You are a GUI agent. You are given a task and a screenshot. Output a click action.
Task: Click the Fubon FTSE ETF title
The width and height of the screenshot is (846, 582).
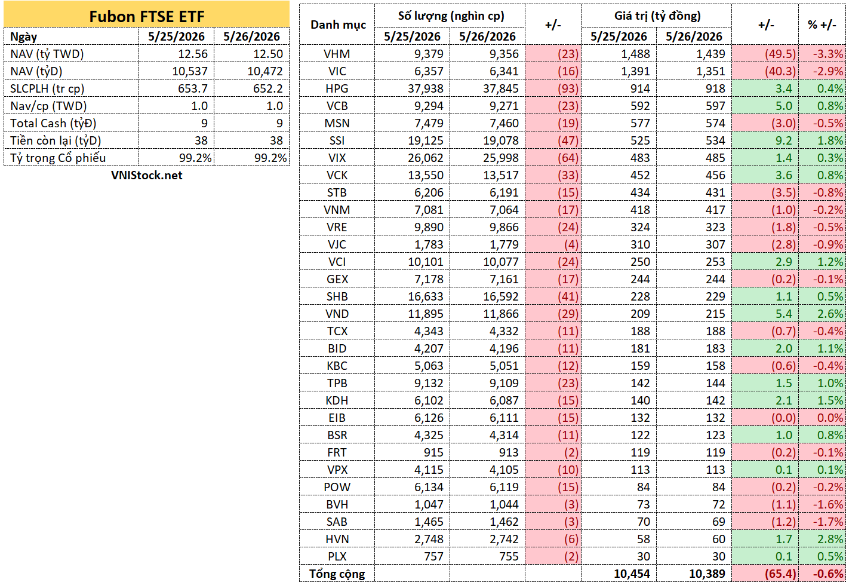146,17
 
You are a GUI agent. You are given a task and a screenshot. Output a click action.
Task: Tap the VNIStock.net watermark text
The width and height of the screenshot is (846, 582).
146,175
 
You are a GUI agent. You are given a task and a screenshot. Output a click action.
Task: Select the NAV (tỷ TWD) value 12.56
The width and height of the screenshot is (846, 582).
193,54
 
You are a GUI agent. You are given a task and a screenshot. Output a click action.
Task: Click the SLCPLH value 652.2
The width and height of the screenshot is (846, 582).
268,89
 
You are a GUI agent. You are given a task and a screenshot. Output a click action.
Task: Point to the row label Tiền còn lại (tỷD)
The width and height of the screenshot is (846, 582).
56,140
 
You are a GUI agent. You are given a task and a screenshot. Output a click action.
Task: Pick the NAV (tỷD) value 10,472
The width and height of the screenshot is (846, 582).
264,72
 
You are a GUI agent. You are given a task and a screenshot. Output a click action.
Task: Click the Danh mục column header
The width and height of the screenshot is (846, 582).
338,25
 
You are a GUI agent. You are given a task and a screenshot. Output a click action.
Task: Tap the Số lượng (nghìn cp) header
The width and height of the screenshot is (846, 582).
451,16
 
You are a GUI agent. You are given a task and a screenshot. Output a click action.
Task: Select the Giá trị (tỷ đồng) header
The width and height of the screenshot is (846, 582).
657,16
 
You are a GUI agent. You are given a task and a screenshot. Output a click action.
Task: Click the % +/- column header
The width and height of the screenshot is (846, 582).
822,25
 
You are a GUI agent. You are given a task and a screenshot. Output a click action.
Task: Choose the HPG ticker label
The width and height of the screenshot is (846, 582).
337,89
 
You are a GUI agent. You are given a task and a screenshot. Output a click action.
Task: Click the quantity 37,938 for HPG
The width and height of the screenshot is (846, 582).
425,89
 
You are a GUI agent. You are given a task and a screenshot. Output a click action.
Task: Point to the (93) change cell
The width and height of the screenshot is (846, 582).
568,89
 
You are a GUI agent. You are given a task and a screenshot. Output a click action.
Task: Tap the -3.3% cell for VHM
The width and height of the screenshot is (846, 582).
828,54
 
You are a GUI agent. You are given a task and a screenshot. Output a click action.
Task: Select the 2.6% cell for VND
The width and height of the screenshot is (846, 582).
830,314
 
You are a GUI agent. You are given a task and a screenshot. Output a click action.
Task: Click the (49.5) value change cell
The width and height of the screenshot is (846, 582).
780,54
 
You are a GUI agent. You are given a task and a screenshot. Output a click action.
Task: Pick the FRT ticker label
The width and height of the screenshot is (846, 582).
337,453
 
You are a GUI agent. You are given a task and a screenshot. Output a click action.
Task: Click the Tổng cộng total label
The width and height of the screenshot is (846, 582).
337,574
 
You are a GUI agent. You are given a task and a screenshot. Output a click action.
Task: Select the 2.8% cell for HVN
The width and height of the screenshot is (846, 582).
830,540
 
